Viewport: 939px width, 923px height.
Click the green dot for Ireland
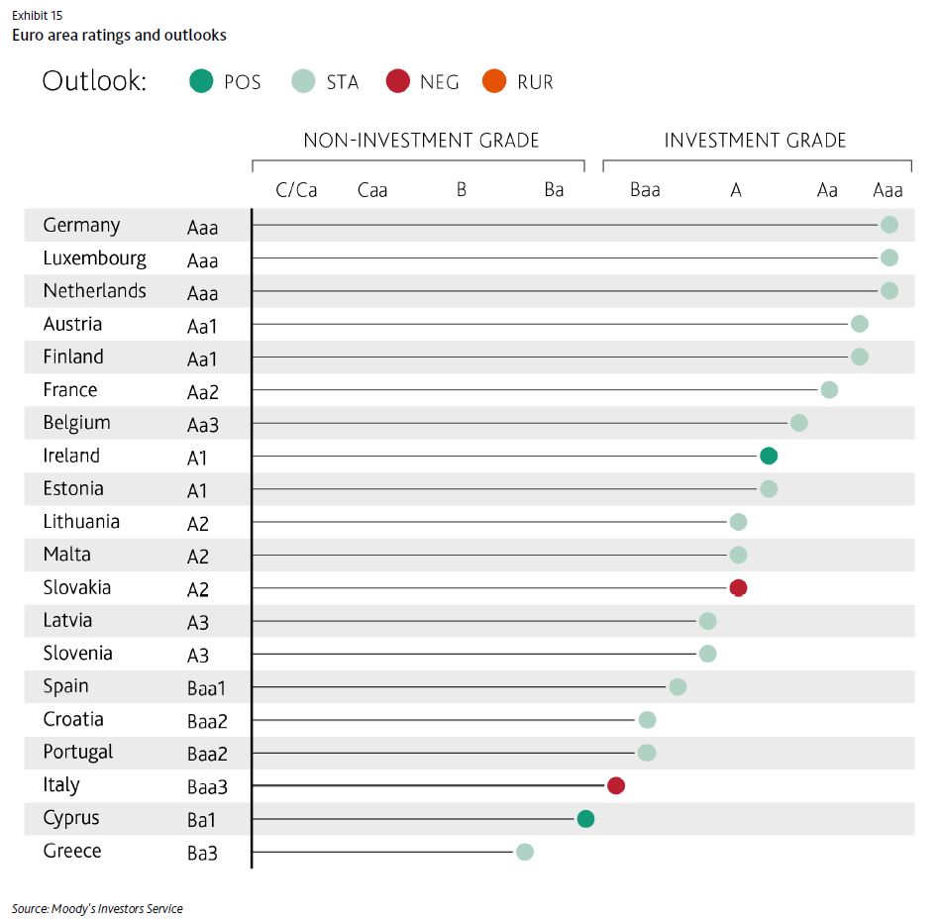[x=769, y=456]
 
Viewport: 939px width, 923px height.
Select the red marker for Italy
[x=616, y=785]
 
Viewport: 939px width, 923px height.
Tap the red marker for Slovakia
[x=738, y=587]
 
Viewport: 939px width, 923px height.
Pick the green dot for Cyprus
[x=585, y=818]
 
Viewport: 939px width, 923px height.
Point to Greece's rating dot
[x=525, y=852]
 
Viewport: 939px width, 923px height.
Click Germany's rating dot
[x=889, y=225]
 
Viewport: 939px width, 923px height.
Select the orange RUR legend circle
[x=494, y=81]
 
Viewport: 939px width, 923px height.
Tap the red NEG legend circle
[x=397, y=81]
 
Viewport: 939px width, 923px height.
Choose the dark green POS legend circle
[x=201, y=81]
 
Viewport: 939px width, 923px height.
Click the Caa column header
[x=372, y=189]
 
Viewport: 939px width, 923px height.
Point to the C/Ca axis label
[x=296, y=189]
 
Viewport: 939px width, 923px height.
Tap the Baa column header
[x=645, y=189]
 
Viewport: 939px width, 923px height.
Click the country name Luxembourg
[x=94, y=258]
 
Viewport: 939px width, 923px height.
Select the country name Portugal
[x=78, y=753]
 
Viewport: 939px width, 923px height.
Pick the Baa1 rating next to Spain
[x=207, y=688]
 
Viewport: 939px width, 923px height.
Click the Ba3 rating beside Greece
[x=202, y=853]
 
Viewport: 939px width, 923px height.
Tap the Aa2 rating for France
[x=202, y=392]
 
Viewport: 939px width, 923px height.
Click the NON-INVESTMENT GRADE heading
[x=421, y=141]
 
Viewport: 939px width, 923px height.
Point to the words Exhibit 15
[x=37, y=15]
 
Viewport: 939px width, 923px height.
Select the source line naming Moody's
[x=97, y=908]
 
